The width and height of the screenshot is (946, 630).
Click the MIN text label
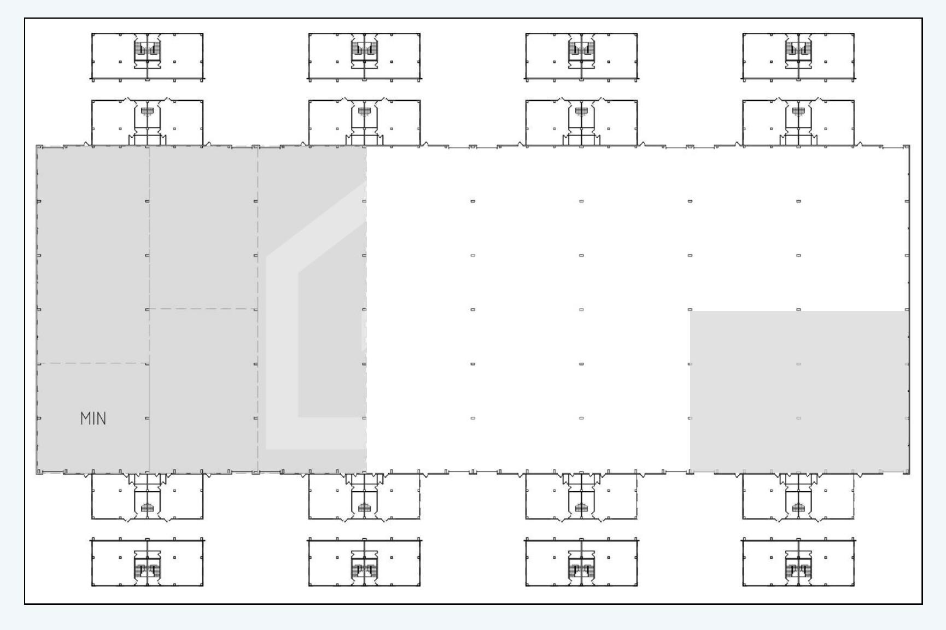pos(93,419)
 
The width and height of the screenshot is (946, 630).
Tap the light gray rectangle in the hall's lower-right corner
pos(799,391)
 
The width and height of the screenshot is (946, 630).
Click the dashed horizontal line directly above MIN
pos(93,363)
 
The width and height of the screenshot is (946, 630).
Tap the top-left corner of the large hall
pos(37,146)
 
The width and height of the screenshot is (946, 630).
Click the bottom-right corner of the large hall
pos(909,473)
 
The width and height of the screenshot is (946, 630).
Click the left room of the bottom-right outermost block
pos(764,562)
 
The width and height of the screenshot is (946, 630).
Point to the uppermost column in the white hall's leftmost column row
pos(472,201)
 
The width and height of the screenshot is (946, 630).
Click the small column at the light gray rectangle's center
pos(798,364)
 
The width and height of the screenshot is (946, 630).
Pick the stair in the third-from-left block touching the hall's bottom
pos(581,508)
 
